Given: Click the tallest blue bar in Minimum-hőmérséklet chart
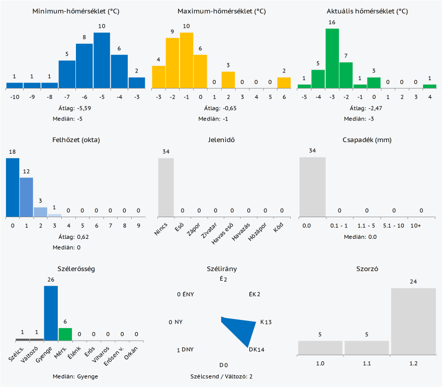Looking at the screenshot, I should pos(102,60).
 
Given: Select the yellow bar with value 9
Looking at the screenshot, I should pos(172,63).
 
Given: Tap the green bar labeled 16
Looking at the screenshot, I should pos(332,58).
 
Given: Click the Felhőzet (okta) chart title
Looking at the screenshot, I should pos(76,140).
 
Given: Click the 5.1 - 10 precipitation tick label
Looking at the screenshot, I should pos(394,225).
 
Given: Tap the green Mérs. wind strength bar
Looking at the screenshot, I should pos(65,334).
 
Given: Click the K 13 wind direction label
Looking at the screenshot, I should pos(266,322).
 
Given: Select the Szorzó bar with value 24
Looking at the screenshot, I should pos(413,321).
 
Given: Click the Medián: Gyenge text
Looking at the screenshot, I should pos(75,376).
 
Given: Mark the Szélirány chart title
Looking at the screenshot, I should pos(222,269).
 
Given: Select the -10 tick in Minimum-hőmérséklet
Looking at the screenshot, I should pos(15,96).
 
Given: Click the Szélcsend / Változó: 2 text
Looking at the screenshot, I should pos(221,376).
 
